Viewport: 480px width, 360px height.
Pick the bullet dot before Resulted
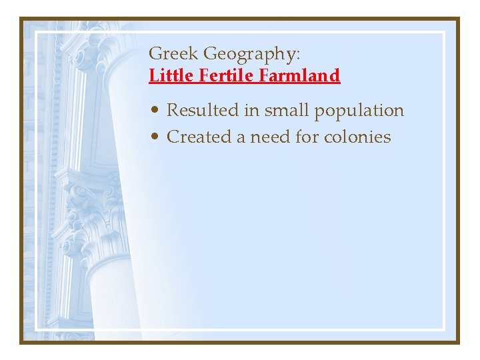(x=154, y=111)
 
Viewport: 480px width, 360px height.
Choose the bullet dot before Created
(x=154, y=137)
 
